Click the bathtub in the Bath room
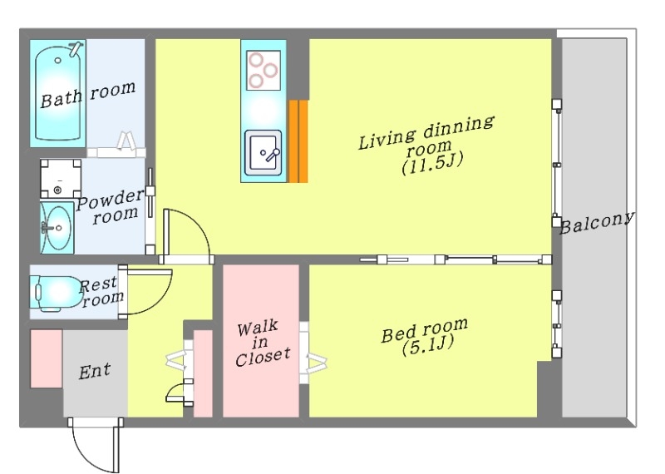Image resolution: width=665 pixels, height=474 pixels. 58,93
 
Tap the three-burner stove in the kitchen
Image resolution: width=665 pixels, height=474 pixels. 264,70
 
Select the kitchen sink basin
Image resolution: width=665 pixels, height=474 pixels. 263,153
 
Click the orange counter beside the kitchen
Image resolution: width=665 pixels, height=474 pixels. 298,141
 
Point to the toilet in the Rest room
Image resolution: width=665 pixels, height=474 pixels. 55,293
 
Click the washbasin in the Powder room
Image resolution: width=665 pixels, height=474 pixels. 57,228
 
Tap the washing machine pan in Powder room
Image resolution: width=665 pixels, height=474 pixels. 61,179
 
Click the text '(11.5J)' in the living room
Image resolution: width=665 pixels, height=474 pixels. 432,163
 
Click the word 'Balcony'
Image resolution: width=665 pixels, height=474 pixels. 597,223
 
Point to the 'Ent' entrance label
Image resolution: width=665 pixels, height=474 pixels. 95,371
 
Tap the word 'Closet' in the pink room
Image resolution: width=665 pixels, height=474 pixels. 263,357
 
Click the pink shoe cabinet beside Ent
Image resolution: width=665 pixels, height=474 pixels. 47,358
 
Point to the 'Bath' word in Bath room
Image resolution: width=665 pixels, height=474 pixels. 62,98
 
